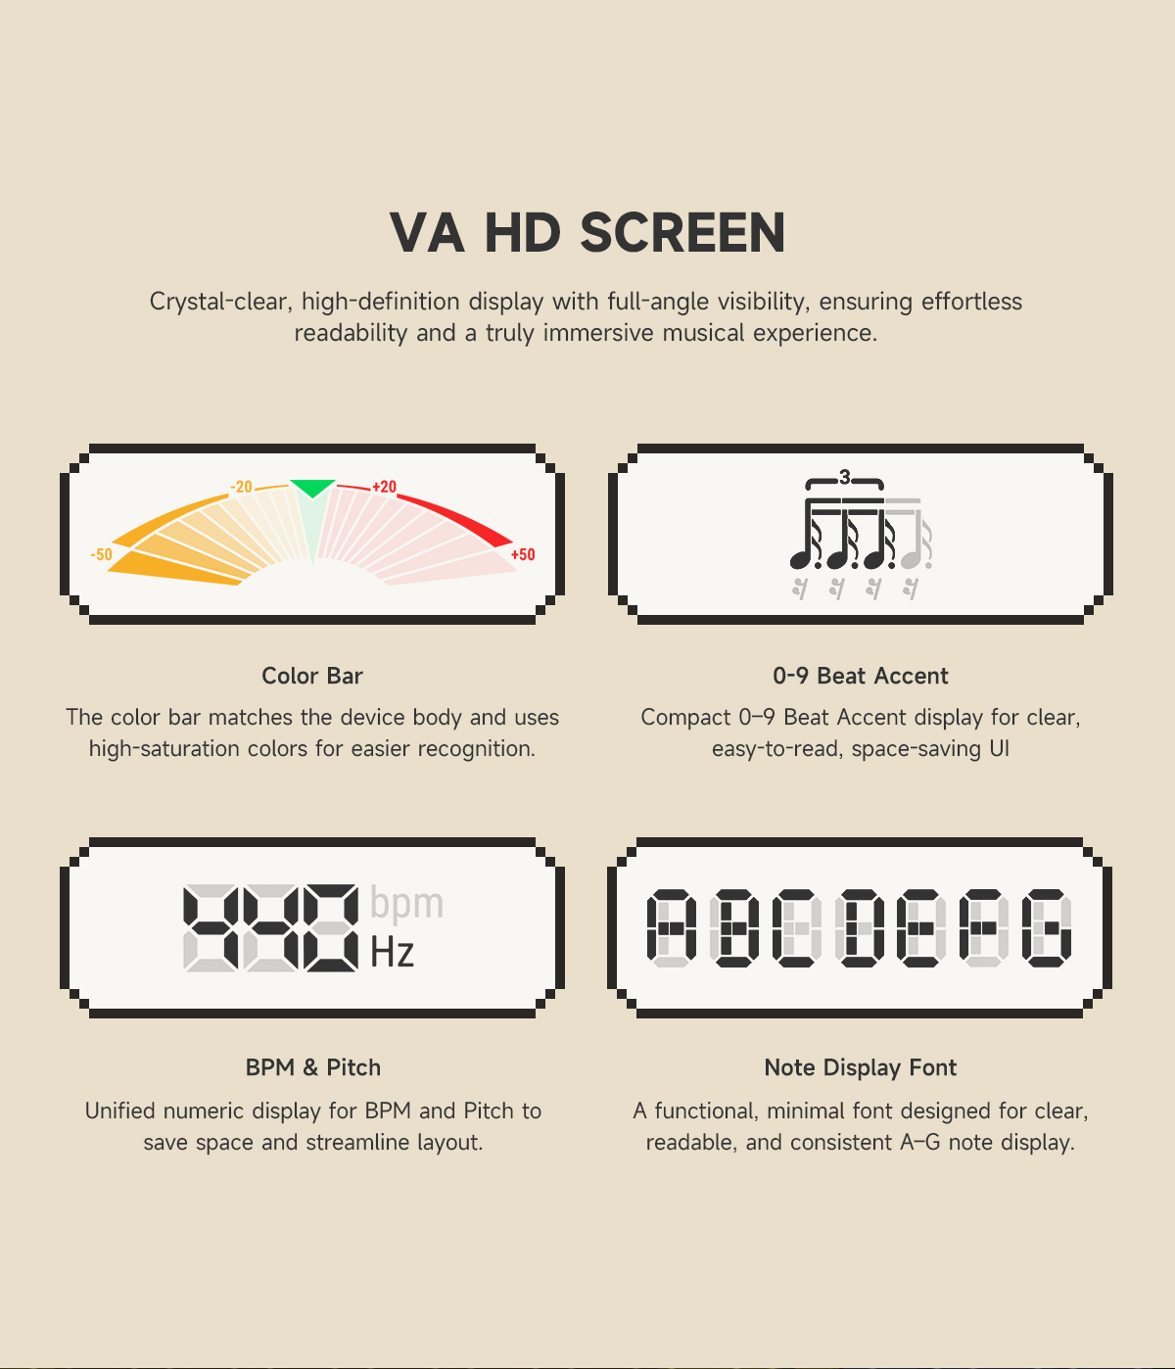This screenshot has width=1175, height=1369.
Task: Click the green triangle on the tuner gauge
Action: [x=312, y=488]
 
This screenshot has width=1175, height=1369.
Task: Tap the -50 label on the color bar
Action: [x=101, y=554]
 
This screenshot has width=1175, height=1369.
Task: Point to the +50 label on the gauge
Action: [x=523, y=554]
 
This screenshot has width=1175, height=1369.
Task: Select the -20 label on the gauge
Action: [x=241, y=487]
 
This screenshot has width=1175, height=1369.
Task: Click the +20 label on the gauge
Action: [x=384, y=487]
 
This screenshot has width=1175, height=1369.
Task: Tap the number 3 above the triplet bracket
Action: [x=844, y=476]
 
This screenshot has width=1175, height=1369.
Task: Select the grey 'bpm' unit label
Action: [x=406, y=904]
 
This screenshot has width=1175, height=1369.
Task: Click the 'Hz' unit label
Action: [x=392, y=953]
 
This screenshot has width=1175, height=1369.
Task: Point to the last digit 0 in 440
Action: [x=331, y=928]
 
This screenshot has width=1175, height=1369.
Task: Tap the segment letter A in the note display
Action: [x=672, y=928]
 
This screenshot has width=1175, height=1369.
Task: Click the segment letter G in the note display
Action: [x=1047, y=928]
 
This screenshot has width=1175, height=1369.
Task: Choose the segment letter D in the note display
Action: [x=859, y=928]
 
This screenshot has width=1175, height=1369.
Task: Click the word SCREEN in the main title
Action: [x=682, y=232]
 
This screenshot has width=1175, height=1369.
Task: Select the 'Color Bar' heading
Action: [x=312, y=676]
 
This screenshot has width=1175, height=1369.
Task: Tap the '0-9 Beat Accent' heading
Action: [x=861, y=676]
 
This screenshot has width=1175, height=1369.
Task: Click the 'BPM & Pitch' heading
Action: [x=312, y=1067]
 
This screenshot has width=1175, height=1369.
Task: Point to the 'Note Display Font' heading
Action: [x=861, y=1067]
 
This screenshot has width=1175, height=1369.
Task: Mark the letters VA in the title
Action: [x=427, y=232]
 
